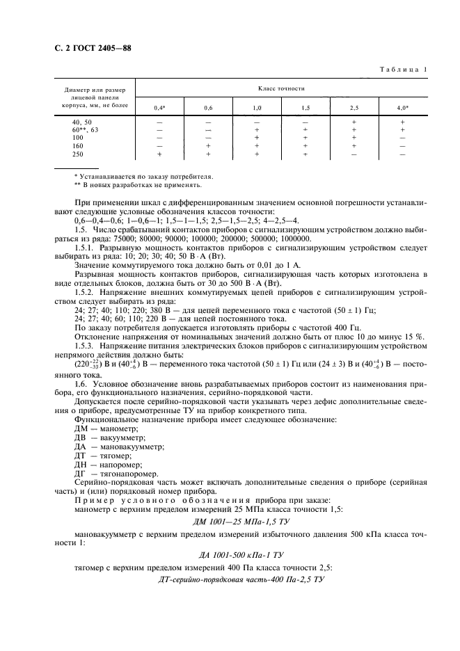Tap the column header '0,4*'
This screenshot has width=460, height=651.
point(159,108)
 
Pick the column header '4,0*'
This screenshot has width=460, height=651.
point(403,108)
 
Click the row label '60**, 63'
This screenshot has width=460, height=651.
point(86,129)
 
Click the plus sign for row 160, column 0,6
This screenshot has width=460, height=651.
point(208,146)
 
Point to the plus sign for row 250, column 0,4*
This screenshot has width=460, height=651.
point(159,154)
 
